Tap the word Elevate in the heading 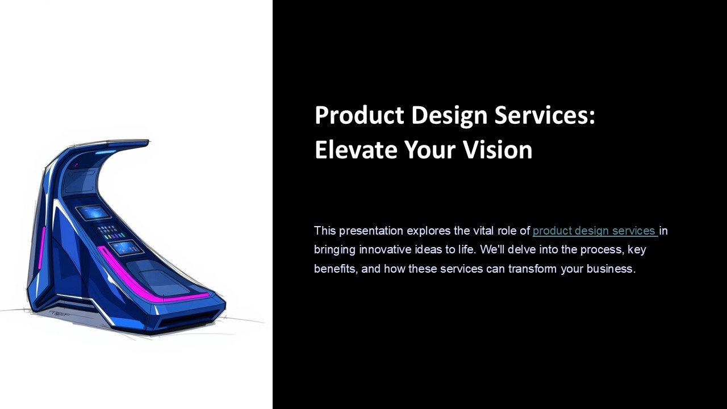pyautogui.click(x=356, y=150)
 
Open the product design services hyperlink pyautogui.click(x=594, y=231)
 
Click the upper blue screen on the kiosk pyautogui.click(x=93, y=213)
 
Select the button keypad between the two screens pyautogui.click(x=110, y=232)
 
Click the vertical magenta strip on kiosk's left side pyautogui.click(x=41, y=248)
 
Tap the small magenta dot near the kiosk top pyautogui.click(x=76, y=165)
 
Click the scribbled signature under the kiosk pyautogui.click(x=59, y=312)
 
